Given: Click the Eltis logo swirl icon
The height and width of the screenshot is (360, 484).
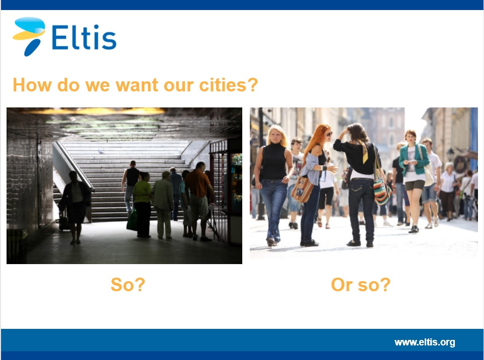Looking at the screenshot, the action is pos(29,36).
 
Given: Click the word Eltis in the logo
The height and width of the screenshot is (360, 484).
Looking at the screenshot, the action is pos(84,37).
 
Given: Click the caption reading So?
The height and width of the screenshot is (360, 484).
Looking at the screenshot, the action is pos(128,284).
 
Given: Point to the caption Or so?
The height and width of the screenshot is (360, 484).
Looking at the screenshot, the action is pos(360,284).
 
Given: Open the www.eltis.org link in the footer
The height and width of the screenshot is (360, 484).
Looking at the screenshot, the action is pos(424,342).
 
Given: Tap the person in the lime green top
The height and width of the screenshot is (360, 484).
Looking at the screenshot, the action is pos(142,204).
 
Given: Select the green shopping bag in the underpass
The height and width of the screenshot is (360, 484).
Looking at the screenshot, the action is pos(132,219).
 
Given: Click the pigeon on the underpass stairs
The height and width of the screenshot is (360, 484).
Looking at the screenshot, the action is pos(101,152).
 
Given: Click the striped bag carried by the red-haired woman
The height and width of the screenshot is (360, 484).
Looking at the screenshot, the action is pos(302,189).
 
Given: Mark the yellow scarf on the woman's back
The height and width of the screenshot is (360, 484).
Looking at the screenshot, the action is pos(363,151).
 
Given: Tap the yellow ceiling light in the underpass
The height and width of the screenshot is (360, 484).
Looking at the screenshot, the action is pos(92,111).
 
